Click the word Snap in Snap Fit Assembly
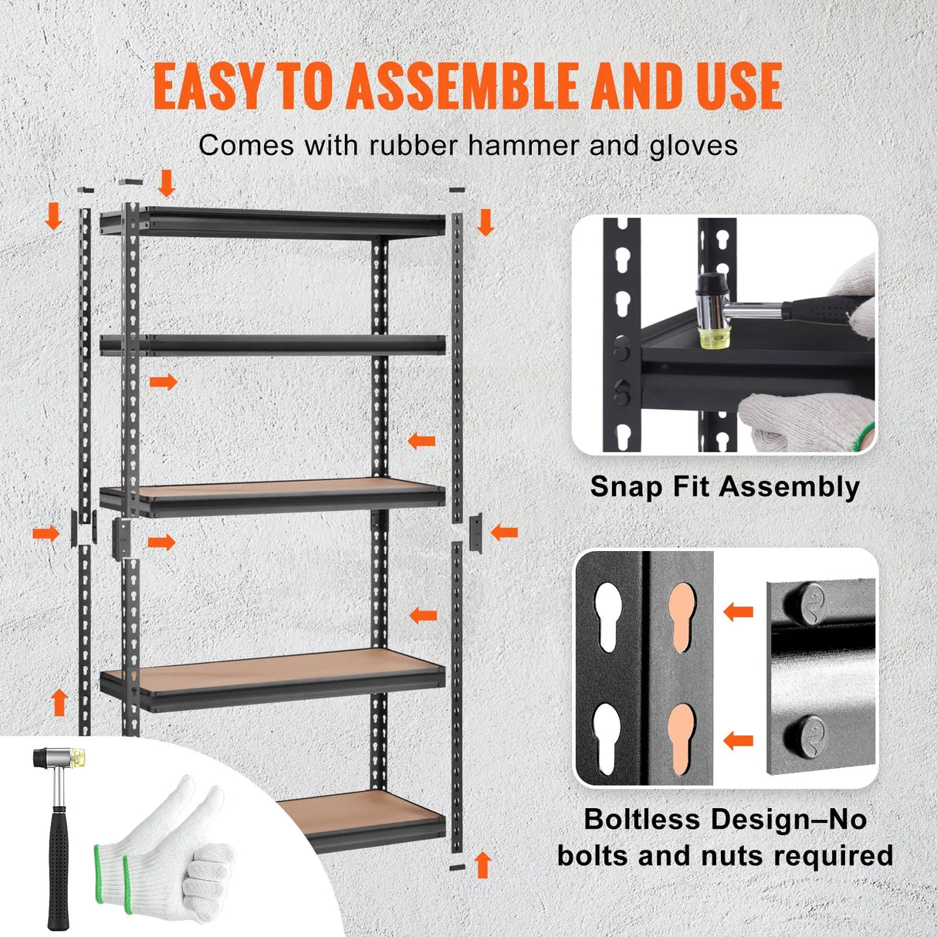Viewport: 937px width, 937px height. point(622,487)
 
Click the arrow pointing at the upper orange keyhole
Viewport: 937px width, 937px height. point(738,612)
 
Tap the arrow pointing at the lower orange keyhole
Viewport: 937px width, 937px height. point(738,740)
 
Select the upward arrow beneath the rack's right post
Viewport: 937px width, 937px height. point(482,864)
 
